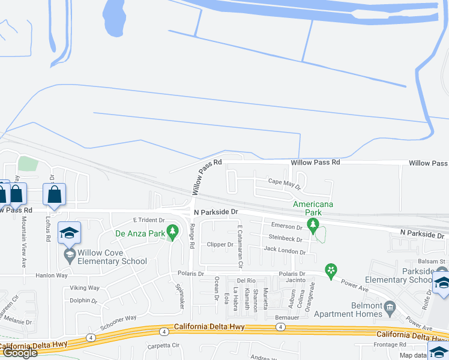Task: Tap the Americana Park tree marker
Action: coord(312,224)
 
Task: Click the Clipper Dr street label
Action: coord(220,244)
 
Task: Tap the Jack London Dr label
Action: coord(285,250)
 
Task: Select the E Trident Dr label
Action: coord(148,220)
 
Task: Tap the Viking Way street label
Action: coord(85,288)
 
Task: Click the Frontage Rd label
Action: coord(398,345)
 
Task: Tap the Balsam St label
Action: coord(433,261)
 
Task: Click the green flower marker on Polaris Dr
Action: coord(330,271)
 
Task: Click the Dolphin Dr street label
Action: coord(83,301)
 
